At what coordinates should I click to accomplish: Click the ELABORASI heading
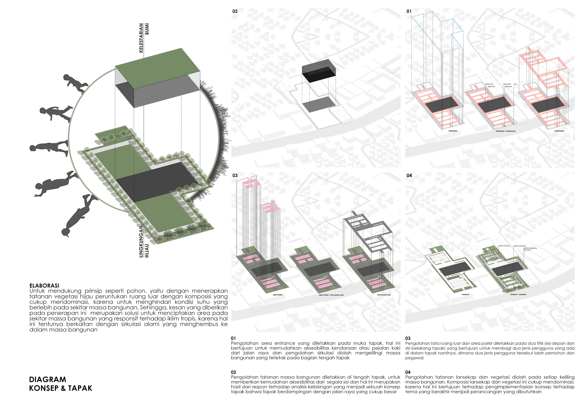click(44, 286)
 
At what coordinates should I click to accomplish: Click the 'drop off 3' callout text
click(507, 84)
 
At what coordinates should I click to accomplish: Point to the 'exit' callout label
click(516, 84)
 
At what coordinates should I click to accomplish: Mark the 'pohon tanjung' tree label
click(504, 246)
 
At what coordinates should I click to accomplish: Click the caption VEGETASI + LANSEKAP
click(518, 295)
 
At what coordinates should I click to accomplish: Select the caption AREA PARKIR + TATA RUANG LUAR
click(331, 295)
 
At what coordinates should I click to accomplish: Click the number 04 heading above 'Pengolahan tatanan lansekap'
click(408, 372)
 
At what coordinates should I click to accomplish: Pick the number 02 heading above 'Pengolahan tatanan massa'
click(233, 372)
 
